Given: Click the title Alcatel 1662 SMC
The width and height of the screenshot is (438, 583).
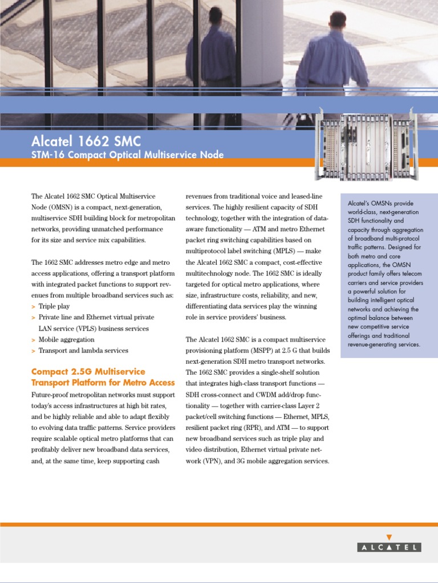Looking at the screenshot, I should [86, 141].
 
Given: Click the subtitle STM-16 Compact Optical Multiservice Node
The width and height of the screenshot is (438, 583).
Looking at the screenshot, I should [127, 155].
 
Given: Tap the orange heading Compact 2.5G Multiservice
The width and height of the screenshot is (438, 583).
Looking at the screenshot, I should [88, 372].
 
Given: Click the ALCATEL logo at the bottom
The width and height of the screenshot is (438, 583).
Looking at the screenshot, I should [390, 547].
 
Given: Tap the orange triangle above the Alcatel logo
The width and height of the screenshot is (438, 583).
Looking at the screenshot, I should [390, 536].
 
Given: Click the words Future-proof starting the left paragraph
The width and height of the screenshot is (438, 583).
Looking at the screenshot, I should [51, 395].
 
